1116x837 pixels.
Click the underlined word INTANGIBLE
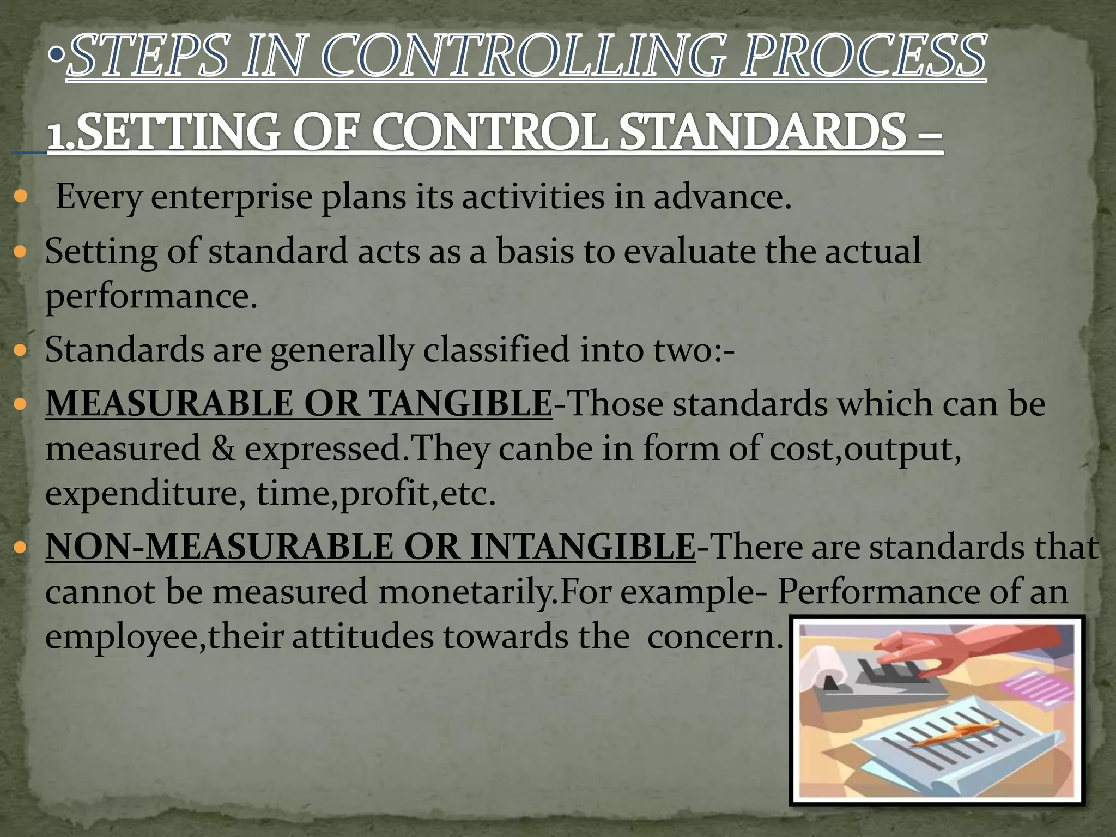tap(583, 547)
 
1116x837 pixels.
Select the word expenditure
tap(145, 494)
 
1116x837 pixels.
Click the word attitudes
tap(363, 636)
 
